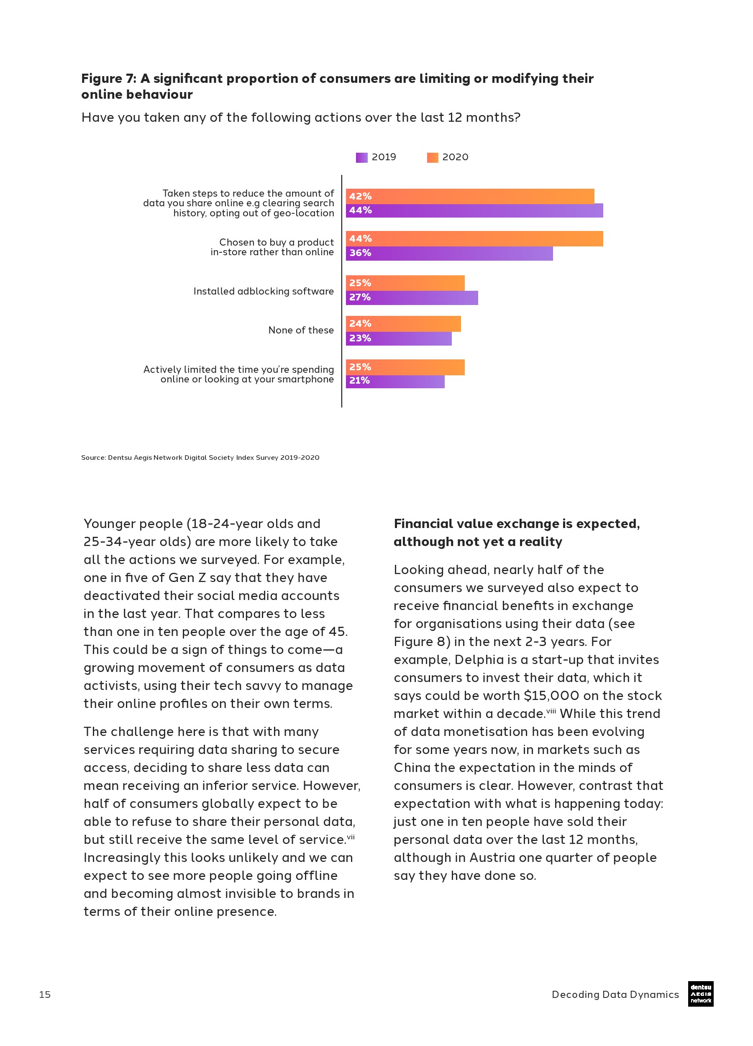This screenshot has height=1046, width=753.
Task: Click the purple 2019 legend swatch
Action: pyautogui.click(x=361, y=158)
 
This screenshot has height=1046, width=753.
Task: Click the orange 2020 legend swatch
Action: pyautogui.click(x=432, y=158)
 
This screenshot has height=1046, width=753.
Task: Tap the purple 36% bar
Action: pyautogui.click(x=449, y=253)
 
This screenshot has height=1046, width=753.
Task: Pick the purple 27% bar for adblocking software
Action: pyautogui.click(x=412, y=297)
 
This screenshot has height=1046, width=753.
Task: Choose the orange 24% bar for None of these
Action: pyautogui.click(x=403, y=324)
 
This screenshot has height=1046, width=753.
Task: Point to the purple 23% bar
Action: pyautogui.click(x=398, y=338)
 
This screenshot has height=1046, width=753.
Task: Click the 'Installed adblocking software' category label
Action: pyautogui.click(x=263, y=292)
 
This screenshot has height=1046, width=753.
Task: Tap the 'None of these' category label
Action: pyautogui.click(x=301, y=330)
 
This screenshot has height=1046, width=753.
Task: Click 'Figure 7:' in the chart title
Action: pyautogui.click(x=109, y=79)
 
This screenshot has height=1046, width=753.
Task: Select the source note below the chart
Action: pyautogui.click(x=200, y=457)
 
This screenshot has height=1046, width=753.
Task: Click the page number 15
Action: pyautogui.click(x=45, y=995)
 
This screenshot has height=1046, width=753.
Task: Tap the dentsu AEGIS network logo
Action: pyautogui.click(x=700, y=993)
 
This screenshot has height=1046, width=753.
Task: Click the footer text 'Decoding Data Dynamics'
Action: pyautogui.click(x=615, y=995)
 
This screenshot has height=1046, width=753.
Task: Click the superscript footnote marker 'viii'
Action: pyautogui.click(x=551, y=711)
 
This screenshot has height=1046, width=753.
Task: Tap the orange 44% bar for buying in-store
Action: pyautogui.click(x=474, y=239)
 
